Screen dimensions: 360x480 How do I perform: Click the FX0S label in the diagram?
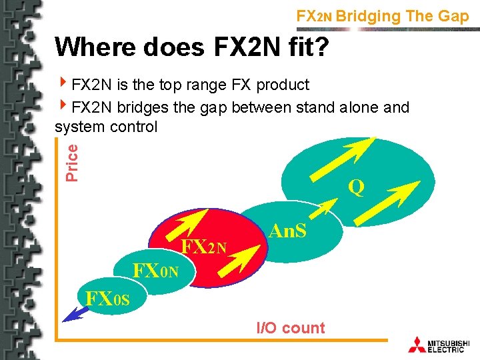103,297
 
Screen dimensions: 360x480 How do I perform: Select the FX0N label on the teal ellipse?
155,271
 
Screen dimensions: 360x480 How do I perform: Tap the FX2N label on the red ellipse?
204,247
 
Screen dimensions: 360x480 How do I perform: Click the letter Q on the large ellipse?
357,189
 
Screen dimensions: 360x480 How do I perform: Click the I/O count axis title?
291,328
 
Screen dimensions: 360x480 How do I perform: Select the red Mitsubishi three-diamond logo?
417,344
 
